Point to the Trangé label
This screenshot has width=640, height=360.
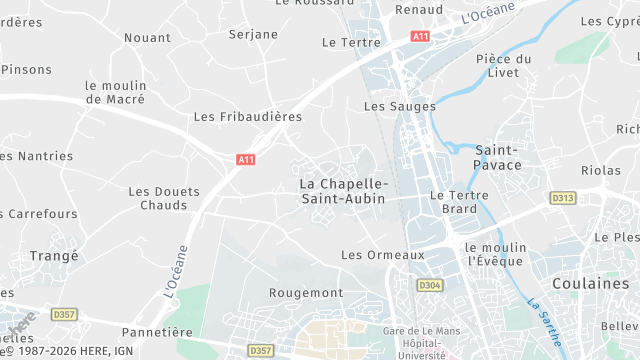54,256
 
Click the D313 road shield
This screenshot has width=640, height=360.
563,198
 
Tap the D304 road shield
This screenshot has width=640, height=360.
430,285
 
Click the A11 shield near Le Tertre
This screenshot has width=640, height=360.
421,36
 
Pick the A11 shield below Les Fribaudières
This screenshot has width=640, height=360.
246,159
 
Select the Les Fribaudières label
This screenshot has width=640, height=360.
247,117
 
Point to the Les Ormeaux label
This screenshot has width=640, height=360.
383,255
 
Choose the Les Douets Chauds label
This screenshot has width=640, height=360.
164,198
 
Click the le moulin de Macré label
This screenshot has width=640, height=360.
115,92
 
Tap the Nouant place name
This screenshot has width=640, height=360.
147,38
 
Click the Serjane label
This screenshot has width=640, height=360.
253,34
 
